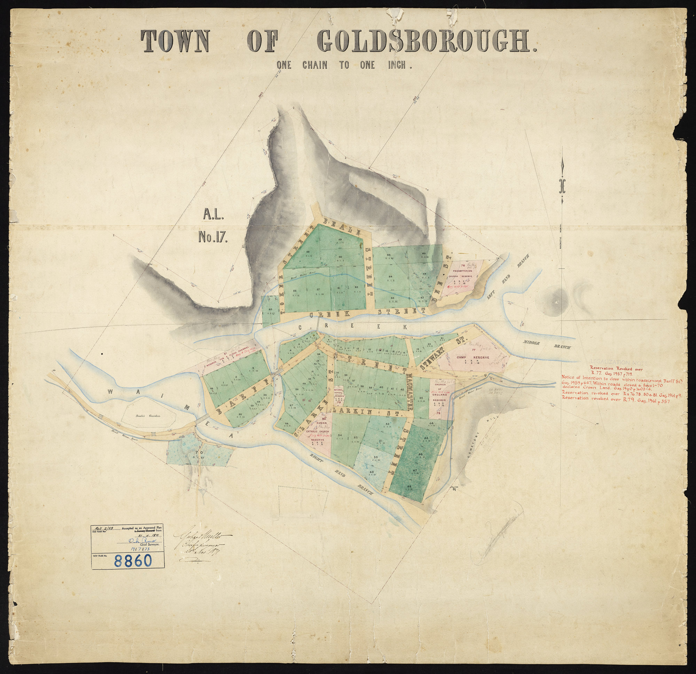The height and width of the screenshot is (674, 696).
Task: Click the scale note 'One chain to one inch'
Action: click(x=343, y=65)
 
